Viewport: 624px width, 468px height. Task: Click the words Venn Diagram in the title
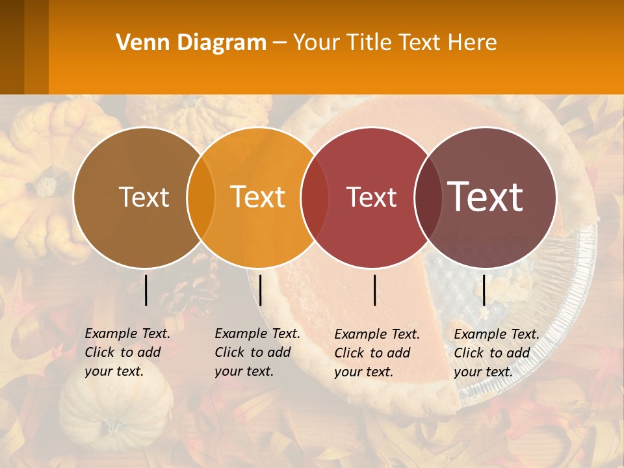pyautogui.click(x=191, y=43)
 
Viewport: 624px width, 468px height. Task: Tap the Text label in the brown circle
pyautogui.click(x=144, y=197)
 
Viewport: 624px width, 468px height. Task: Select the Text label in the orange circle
pyautogui.click(x=258, y=197)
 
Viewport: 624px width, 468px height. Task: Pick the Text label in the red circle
pyautogui.click(x=371, y=197)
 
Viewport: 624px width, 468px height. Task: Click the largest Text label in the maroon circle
pyautogui.click(x=486, y=196)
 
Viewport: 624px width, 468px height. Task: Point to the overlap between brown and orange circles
pyautogui.click(x=201, y=197)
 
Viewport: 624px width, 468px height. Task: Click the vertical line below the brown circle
pyautogui.click(x=146, y=290)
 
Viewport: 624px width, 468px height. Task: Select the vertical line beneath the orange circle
pyautogui.click(x=260, y=290)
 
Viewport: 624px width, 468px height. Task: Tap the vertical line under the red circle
pyautogui.click(x=375, y=290)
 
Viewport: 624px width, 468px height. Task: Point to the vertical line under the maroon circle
pyautogui.click(x=484, y=290)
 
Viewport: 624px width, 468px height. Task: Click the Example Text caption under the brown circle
pyautogui.click(x=127, y=352)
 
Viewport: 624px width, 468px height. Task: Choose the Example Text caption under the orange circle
pyautogui.click(x=257, y=352)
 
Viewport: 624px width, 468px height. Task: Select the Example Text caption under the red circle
pyautogui.click(x=377, y=353)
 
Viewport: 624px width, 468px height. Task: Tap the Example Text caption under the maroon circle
pyautogui.click(x=497, y=353)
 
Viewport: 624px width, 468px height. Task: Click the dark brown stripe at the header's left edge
pyautogui.click(x=12, y=47)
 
